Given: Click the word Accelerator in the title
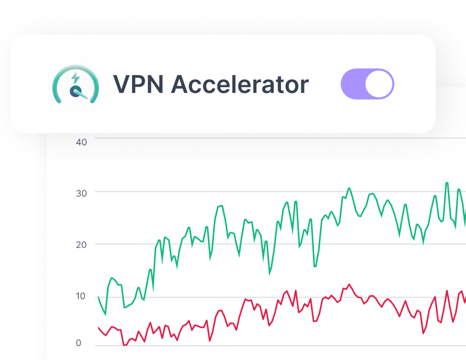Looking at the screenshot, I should point(240,84).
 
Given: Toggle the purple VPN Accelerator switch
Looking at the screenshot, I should point(367,84).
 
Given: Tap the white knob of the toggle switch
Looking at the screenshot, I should point(379,84).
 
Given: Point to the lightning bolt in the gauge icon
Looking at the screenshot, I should point(75,78).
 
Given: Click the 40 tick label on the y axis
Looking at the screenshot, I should point(81,142).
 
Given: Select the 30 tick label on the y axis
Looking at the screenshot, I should point(82,193).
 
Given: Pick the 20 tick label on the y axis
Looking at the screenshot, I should point(82,244).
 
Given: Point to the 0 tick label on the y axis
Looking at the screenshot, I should point(78,343).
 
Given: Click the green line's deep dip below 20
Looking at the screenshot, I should point(315,266).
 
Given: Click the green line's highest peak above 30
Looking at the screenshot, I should point(447,183).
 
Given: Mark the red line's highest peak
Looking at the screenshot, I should point(349,285).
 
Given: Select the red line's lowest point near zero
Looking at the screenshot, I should point(124,344).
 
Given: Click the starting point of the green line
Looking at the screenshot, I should point(98,296).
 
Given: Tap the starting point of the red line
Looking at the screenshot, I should point(98,328).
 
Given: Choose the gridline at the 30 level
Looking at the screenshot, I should point(270,192).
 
